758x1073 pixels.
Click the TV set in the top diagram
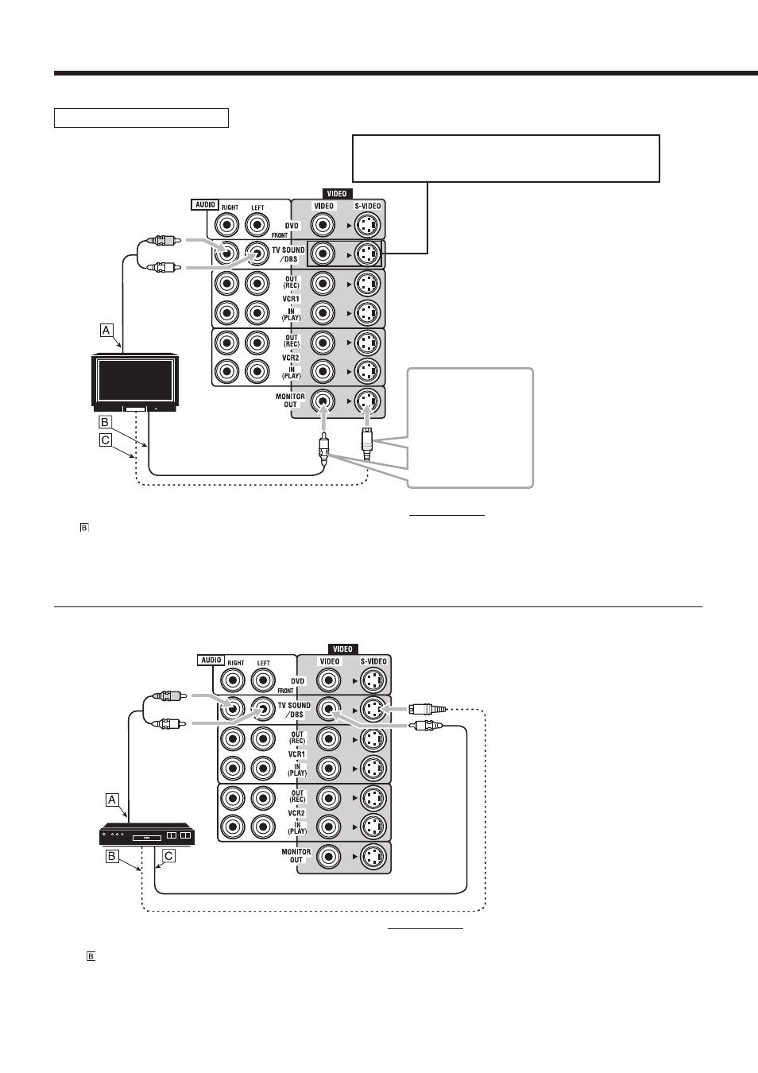tap(135, 383)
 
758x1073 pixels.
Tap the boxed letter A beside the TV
tap(106, 330)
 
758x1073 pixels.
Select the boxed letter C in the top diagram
tap(106, 440)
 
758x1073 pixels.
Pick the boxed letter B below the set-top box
tap(112, 856)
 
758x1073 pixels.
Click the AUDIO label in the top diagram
tap(206, 204)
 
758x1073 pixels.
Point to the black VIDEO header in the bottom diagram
tap(342, 649)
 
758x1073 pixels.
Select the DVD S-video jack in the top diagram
tap(367, 225)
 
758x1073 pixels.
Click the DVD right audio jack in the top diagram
tap(227, 225)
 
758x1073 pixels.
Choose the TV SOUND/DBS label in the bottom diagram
tap(294, 710)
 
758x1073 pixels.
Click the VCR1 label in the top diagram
tap(291, 299)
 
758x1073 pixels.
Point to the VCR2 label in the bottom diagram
tap(296, 813)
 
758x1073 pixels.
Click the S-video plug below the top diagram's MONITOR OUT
tap(367, 444)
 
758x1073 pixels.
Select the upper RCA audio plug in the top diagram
tap(164, 240)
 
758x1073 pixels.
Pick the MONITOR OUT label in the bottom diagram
tap(296, 855)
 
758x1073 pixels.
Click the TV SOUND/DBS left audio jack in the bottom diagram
tap(263, 709)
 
